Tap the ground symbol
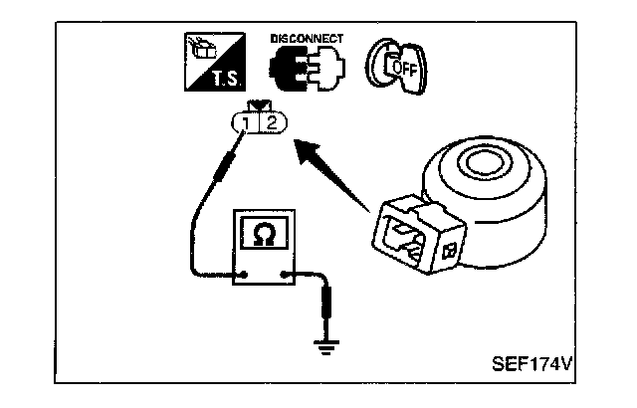coord(324,345)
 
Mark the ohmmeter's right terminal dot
coord(287,275)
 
